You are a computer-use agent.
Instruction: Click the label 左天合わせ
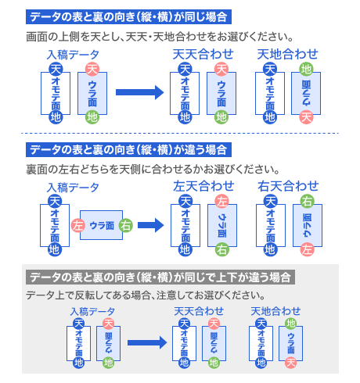[x=203, y=186]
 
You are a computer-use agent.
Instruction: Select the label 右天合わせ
[x=288, y=186]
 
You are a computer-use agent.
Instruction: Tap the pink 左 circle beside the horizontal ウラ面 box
[x=78, y=225]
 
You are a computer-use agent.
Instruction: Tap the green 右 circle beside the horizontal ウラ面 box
[x=126, y=225]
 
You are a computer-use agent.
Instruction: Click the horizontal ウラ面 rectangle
[x=101, y=225]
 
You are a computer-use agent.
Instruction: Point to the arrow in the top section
[x=140, y=92]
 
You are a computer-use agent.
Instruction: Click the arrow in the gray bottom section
[x=147, y=342]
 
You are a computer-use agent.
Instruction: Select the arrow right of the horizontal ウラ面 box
[x=150, y=225]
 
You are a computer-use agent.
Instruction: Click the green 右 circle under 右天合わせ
[x=307, y=201]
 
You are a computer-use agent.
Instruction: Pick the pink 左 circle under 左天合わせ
[x=221, y=201]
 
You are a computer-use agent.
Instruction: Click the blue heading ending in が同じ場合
[x=128, y=17]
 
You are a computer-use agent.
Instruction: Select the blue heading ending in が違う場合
[x=128, y=149]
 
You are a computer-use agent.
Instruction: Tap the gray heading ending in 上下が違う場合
[x=160, y=277]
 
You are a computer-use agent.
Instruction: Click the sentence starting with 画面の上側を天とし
[x=160, y=37]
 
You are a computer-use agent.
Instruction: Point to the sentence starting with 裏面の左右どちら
[x=153, y=170]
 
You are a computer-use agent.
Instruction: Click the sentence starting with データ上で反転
[x=146, y=295]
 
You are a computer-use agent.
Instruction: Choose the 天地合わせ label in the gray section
[x=275, y=311]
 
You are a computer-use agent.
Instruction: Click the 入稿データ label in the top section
[x=73, y=55]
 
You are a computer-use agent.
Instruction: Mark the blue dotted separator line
[x=180, y=133]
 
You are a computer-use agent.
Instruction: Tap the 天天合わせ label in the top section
[x=203, y=54]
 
